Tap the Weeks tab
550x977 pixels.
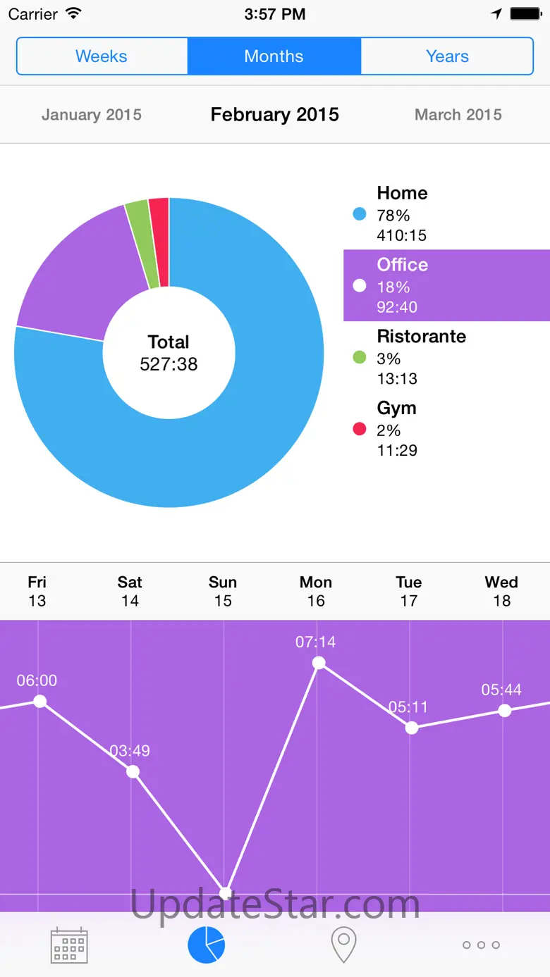(102, 56)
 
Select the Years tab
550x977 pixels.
(447, 56)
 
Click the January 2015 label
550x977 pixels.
(92, 115)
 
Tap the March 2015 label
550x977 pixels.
(458, 115)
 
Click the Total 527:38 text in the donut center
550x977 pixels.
(169, 353)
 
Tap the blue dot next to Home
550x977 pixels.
(360, 214)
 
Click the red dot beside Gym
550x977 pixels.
(360, 429)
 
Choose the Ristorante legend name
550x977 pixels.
(421, 337)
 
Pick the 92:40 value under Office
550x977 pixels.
(397, 307)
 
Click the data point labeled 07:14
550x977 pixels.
(319, 663)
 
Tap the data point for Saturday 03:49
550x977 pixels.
(133, 771)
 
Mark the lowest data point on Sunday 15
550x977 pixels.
(225, 893)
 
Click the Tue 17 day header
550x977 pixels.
(409, 591)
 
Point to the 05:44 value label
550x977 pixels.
(501, 690)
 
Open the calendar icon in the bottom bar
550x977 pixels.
(69, 945)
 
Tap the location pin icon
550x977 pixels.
(343, 945)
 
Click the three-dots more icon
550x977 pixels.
(481, 945)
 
